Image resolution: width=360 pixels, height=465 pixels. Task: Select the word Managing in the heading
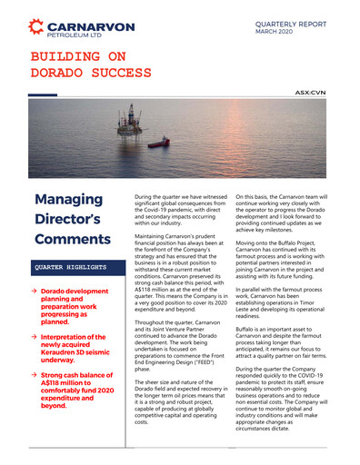pos(67,199)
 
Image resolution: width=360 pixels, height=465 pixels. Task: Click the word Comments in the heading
pos(71,241)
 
